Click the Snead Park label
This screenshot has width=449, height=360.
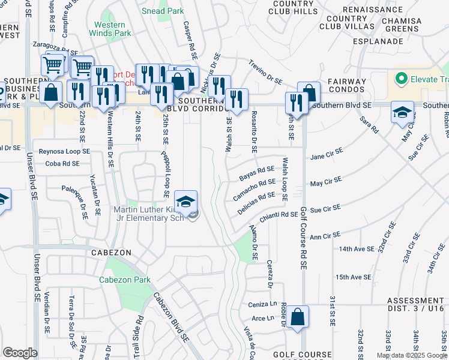tap(162, 11)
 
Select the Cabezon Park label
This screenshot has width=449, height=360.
tap(125, 280)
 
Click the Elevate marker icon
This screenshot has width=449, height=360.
tap(400, 78)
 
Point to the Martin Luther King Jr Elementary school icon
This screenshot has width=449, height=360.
tap(186, 202)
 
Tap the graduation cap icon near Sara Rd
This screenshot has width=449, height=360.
tap(402, 112)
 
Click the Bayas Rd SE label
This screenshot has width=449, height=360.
tap(256, 173)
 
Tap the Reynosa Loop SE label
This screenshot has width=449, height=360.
tap(64, 152)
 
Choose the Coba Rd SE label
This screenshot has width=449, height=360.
tap(62, 163)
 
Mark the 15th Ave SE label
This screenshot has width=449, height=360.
tap(353, 277)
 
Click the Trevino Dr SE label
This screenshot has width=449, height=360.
tap(265, 71)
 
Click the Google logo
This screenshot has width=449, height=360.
tap(20, 353)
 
